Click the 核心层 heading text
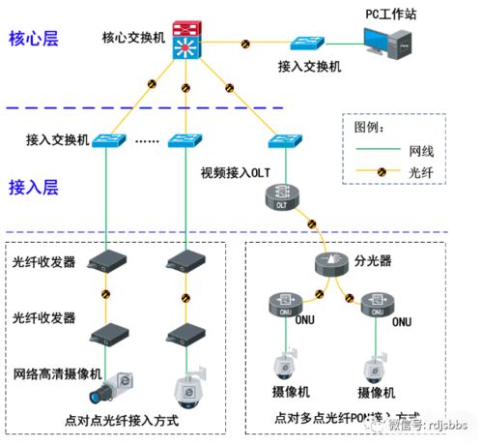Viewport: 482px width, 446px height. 35,39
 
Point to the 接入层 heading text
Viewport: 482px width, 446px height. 35,185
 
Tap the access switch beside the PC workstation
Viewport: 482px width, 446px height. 309,45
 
